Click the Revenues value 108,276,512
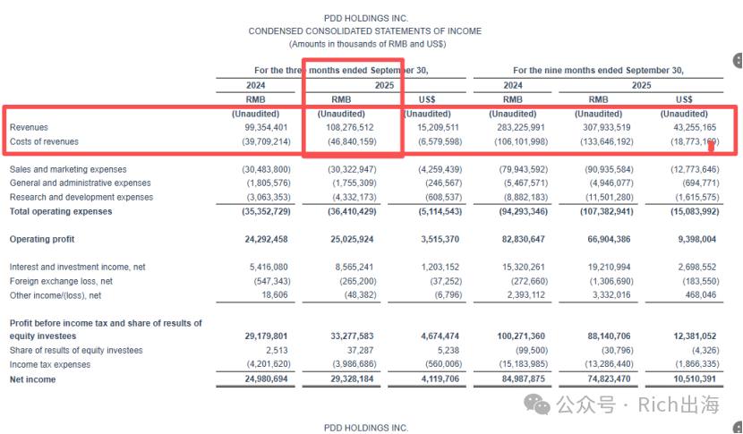(350, 127)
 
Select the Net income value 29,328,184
(352, 379)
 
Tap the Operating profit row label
(42, 239)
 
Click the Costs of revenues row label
(44, 141)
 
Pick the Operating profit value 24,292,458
(266, 239)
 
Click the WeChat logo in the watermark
(536, 405)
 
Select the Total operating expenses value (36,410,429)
(352, 211)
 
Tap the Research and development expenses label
(81, 197)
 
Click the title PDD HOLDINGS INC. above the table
(366, 19)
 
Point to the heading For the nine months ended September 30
(598, 71)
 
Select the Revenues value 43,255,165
(694, 127)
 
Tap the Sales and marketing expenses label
(68, 169)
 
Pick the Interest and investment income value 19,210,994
(609, 268)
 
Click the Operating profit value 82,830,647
(524, 239)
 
